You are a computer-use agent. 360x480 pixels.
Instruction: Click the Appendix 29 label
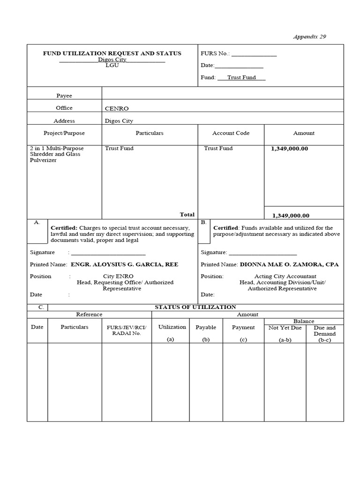[x=309, y=37]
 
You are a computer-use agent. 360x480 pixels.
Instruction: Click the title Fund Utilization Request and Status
[x=112, y=53]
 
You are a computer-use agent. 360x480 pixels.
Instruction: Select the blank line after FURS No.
[x=254, y=54]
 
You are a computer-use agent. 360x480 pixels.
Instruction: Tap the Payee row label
[x=64, y=96]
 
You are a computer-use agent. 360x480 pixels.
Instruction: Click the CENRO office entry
[x=117, y=108]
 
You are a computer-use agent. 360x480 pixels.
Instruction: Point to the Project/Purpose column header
[x=64, y=133]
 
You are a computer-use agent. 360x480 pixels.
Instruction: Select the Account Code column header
[x=231, y=133]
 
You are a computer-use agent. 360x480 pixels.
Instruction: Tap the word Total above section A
[x=187, y=214]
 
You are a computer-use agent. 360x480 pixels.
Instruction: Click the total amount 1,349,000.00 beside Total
[x=291, y=216]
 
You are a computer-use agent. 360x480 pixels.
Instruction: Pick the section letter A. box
[x=37, y=223]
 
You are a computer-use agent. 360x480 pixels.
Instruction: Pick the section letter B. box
[x=203, y=223]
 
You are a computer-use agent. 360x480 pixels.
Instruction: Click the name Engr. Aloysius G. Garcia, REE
[x=124, y=264]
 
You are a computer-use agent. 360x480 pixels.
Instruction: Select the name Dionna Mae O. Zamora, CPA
[x=289, y=264]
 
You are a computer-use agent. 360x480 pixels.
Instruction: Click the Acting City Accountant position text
[x=285, y=277]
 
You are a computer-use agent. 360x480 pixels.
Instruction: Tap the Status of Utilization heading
[x=195, y=307]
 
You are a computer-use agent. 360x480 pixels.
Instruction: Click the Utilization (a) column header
[x=172, y=333]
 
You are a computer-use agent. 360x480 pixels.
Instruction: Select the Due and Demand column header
[x=324, y=334]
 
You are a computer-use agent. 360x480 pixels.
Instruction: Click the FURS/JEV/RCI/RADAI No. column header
[x=127, y=330]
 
